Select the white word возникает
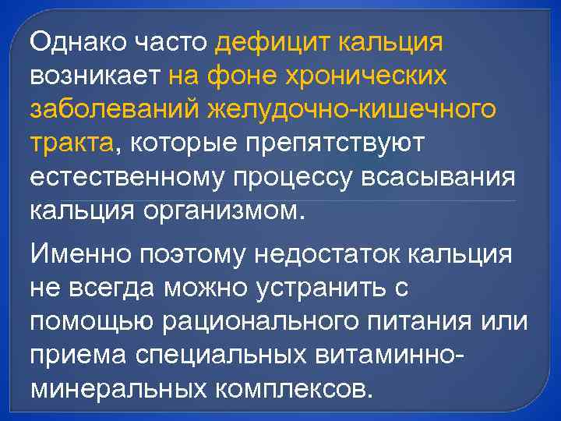(94, 76)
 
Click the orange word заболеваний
(114, 110)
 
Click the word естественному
(126, 177)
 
